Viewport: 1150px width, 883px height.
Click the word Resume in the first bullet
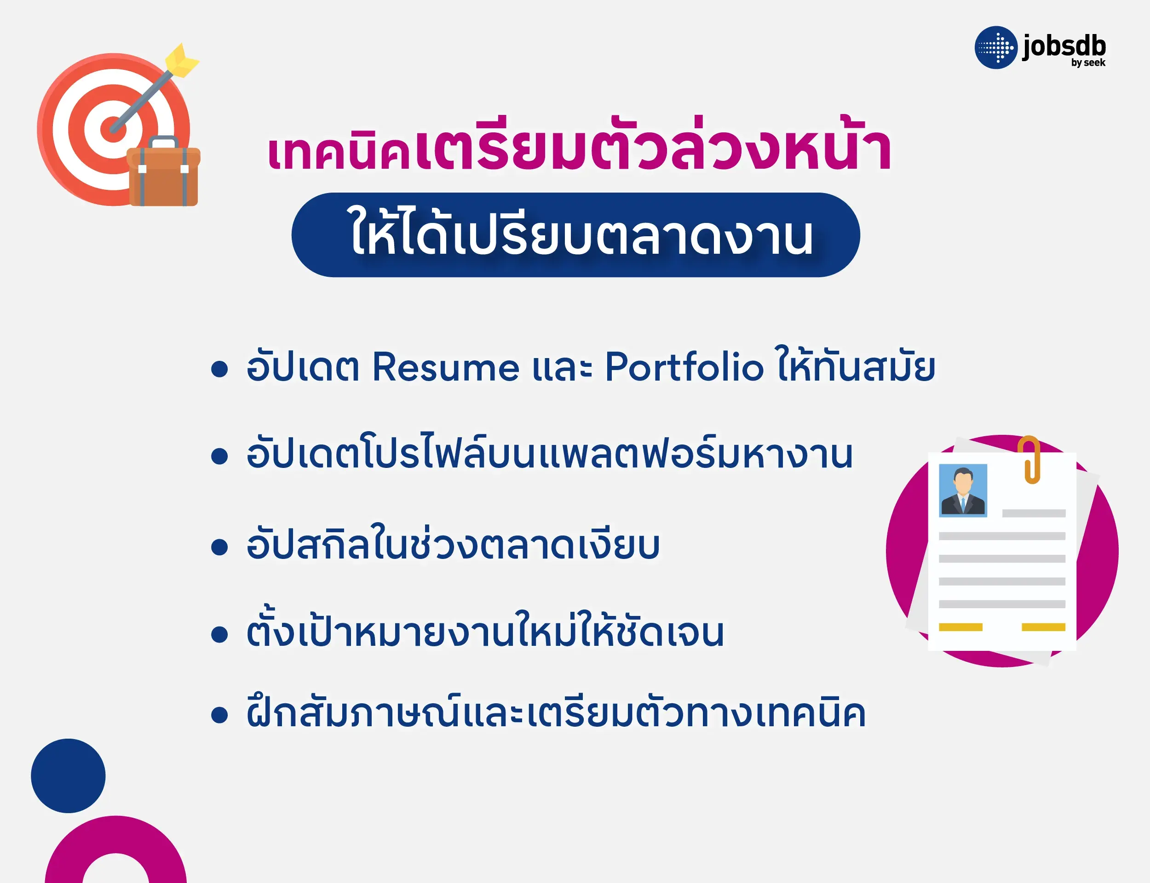[445, 367]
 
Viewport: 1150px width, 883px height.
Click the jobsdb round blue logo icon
[996, 48]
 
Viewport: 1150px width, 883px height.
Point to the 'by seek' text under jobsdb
[1088, 63]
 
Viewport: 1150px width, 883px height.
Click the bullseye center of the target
[113, 128]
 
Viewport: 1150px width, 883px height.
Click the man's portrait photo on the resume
[963, 490]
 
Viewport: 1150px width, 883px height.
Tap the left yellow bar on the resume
[960, 627]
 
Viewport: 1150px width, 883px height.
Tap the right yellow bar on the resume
[1043, 627]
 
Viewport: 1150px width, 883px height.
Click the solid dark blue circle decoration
[69, 776]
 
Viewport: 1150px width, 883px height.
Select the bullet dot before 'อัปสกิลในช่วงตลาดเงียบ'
[219, 547]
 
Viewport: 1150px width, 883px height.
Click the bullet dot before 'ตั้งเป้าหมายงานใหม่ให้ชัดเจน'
[219, 634]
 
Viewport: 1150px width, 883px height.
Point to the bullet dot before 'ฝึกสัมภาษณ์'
[219, 715]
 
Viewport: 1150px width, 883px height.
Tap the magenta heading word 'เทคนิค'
[339, 154]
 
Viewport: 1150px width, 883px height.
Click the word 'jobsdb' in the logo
[1064, 47]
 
